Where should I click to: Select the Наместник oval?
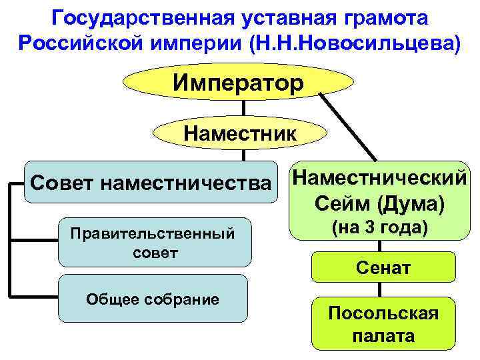(x=240, y=132)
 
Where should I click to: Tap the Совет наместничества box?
(x=151, y=181)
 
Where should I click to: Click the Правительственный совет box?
(x=155, y=242)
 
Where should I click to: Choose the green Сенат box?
(x=383, y=268)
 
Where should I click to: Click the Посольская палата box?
(x=383, y=325)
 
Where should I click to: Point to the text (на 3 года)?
(x=379, y=227)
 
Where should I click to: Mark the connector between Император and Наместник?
(x=244, y=108)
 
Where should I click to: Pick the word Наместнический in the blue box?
(x=378, y=177)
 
